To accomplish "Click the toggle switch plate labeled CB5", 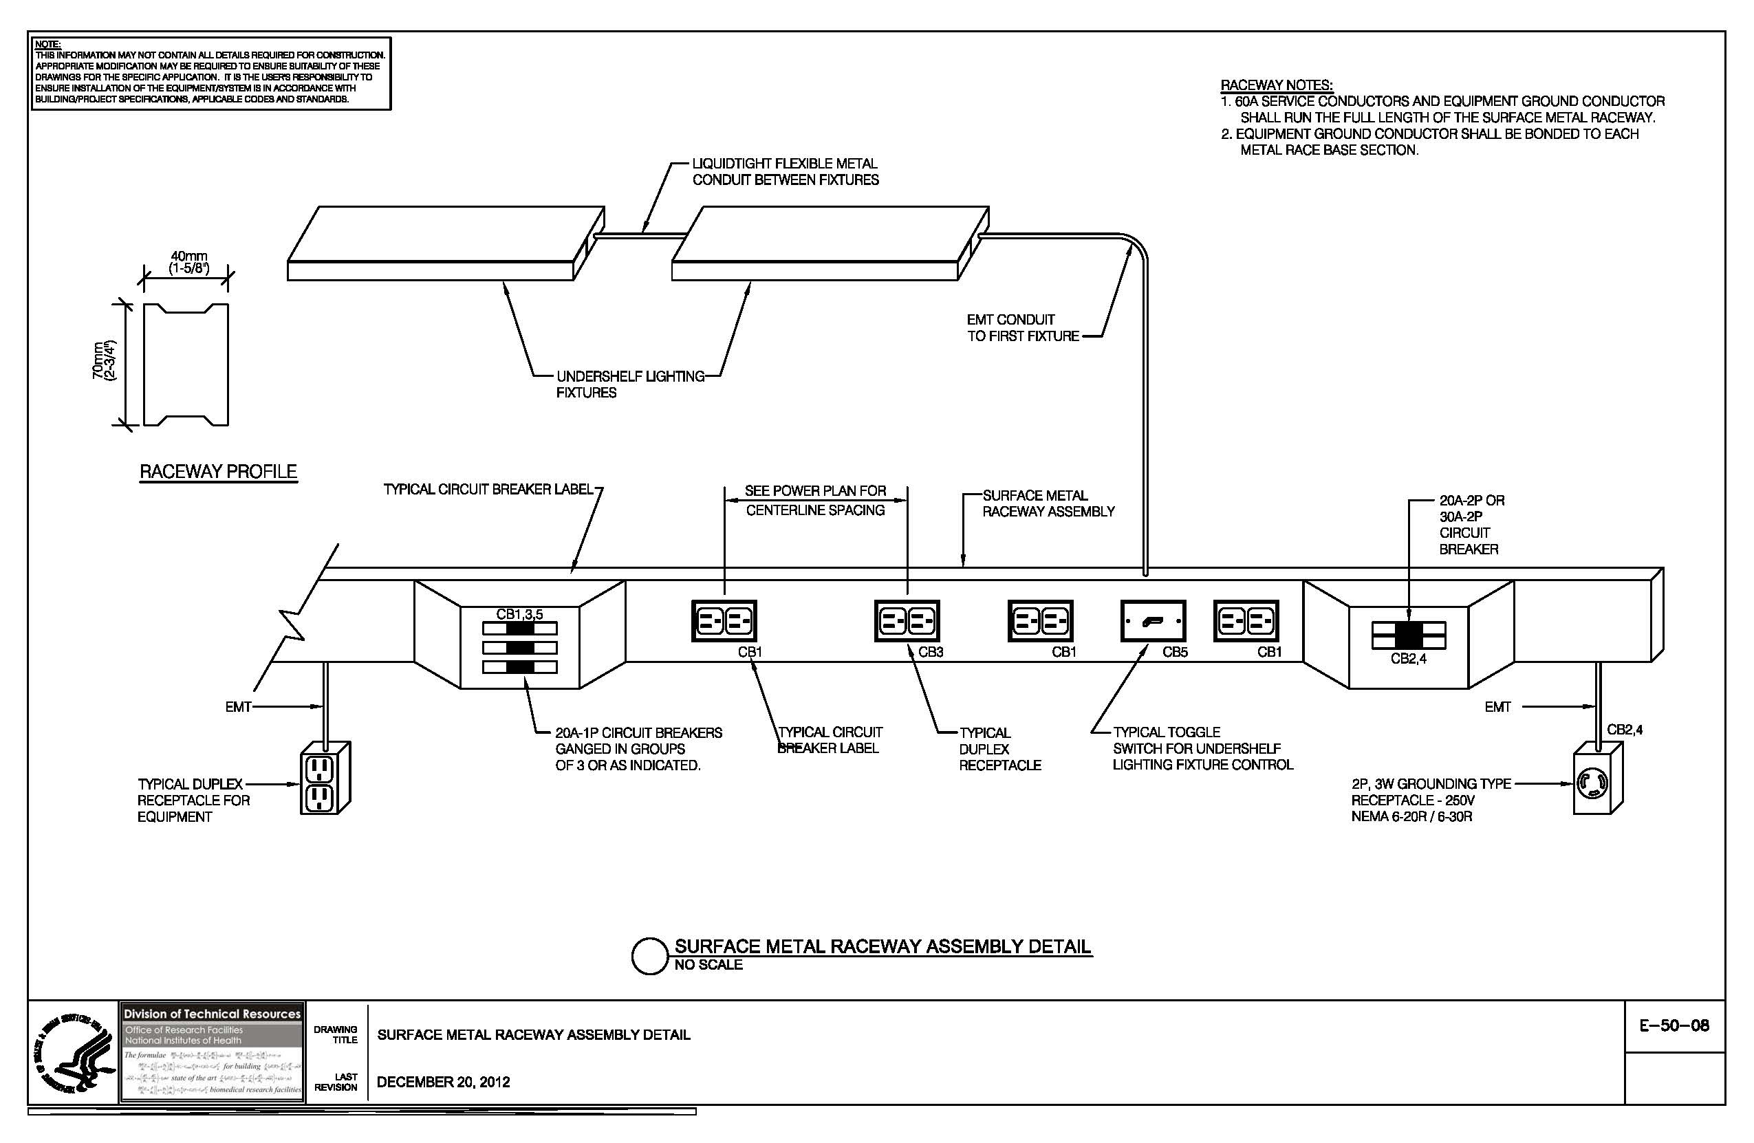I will [1153, 621].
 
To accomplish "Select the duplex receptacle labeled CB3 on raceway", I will [907, 620].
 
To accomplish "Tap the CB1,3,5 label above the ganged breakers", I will [519, 614].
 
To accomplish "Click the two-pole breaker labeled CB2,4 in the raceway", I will [1409, 635].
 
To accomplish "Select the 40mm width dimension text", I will [188, 261].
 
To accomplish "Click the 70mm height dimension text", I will [103, 360].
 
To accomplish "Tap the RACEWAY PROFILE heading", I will [218, 472].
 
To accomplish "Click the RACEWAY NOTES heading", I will [1277, 85].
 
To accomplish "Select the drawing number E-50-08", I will [1674, 1025].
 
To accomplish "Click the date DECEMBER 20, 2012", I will [443, 1082].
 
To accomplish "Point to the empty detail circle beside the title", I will [649, 956].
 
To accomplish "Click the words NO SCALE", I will [708, 965].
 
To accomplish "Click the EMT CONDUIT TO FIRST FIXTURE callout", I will [1021, 328].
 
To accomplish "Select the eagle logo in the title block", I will [73, 1052].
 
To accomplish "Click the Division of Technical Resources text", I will [213, 1014].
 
